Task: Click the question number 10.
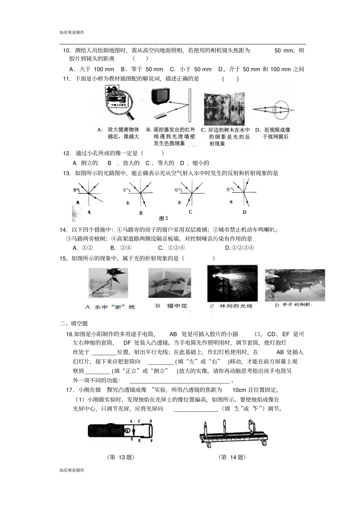coord(67,50)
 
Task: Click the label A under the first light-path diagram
coord(89,212)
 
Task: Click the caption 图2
coord(164,218)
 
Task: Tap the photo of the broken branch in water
coord(108,284)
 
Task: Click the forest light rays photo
coord(232,283)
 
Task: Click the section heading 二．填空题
coord(74,323)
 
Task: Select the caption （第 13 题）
coord(121,457)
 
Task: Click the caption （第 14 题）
coord(233,457)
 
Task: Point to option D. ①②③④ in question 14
coord(239,248)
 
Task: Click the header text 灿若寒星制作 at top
coord(72,33)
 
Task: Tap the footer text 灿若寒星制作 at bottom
coord(72,470)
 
